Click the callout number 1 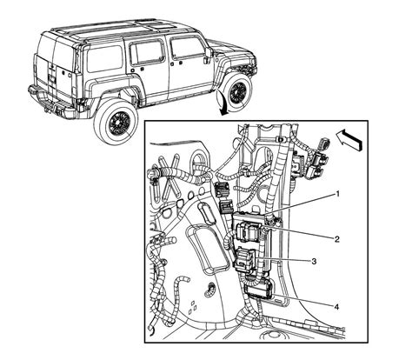(337, 194)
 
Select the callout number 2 (336, 239)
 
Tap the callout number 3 (314, 261)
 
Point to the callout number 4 (336, 307)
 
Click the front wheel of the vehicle (238, 91)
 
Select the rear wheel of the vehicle (116, 122)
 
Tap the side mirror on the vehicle (208, 55)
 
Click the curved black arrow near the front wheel (222, 103)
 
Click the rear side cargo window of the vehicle (104, 59)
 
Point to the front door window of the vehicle (186, 48)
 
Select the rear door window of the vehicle (147, 52)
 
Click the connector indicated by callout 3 (244, 258)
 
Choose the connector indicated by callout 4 (259, 289)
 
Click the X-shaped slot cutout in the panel (166, 178)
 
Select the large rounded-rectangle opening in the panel (205, 250)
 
